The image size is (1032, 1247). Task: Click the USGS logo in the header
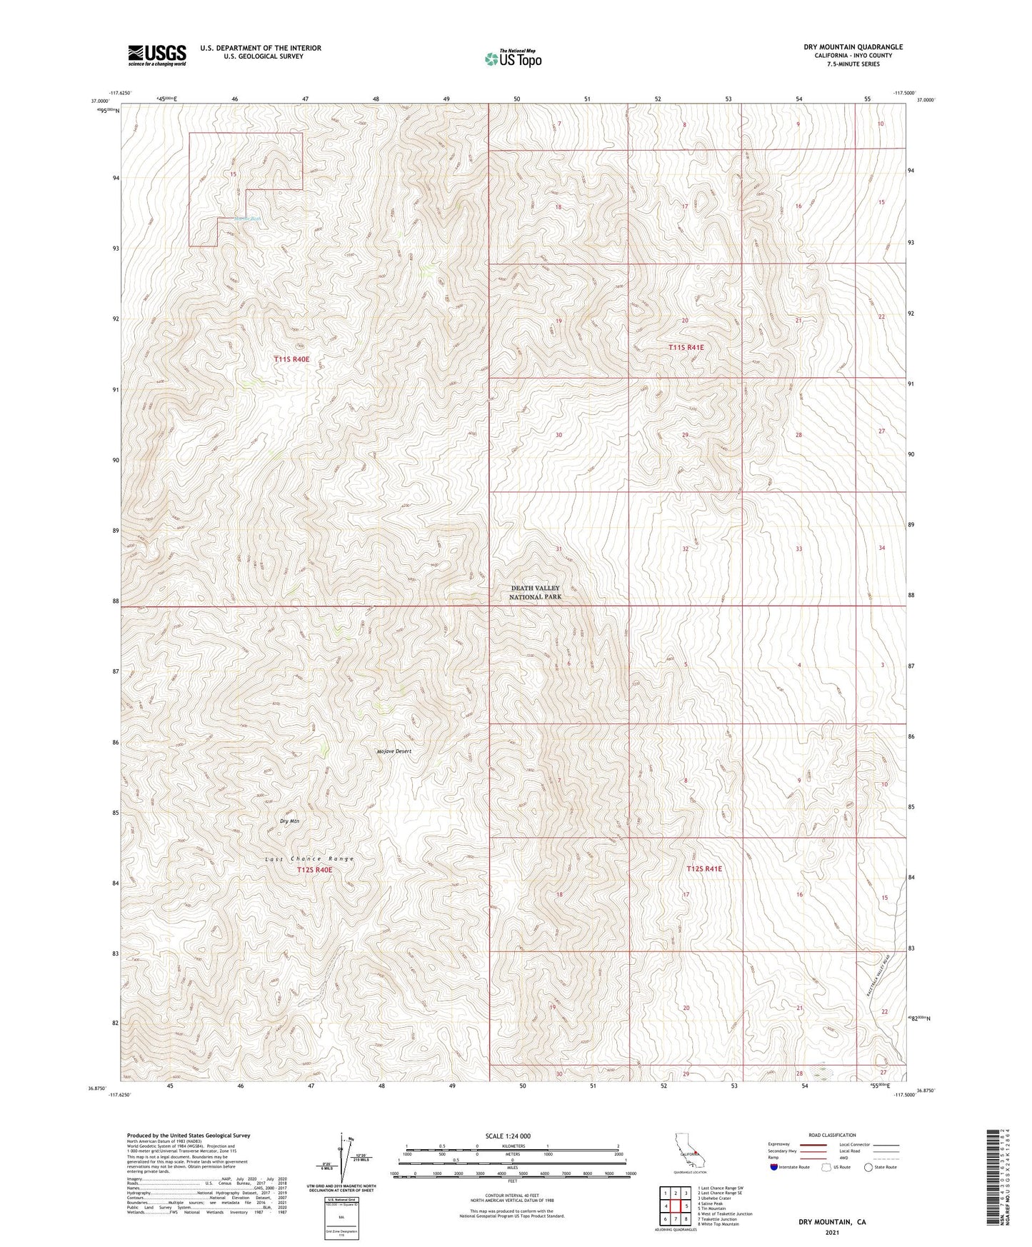[157, 55]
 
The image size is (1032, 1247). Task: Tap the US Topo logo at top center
[513, 58]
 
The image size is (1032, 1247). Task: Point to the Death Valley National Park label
[536, 592]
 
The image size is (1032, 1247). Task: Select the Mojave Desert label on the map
[394, 751]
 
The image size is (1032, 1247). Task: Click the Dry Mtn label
[289, 821]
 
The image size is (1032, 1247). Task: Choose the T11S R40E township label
[292, 359]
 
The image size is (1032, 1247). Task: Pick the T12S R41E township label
[704, 869]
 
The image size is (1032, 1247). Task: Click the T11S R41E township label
[686, 347]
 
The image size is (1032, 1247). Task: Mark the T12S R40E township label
[314, 870]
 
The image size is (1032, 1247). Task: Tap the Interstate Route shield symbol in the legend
[775, 1167]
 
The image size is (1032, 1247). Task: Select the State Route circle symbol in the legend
[868, 1167]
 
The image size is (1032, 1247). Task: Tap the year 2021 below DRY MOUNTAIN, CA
[832, 1232]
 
